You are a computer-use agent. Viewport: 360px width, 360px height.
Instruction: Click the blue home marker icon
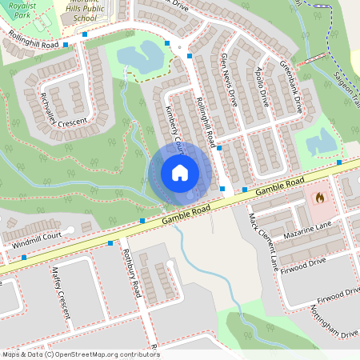[180, 173]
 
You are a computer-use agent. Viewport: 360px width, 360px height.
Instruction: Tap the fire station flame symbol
[320, 196]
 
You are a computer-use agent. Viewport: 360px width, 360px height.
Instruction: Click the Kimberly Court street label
[174, 127]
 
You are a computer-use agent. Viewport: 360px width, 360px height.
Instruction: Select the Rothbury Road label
[132, 276]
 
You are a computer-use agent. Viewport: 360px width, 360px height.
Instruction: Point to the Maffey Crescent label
[58, 290]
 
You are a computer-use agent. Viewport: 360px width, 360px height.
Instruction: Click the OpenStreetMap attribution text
[81, 354]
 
